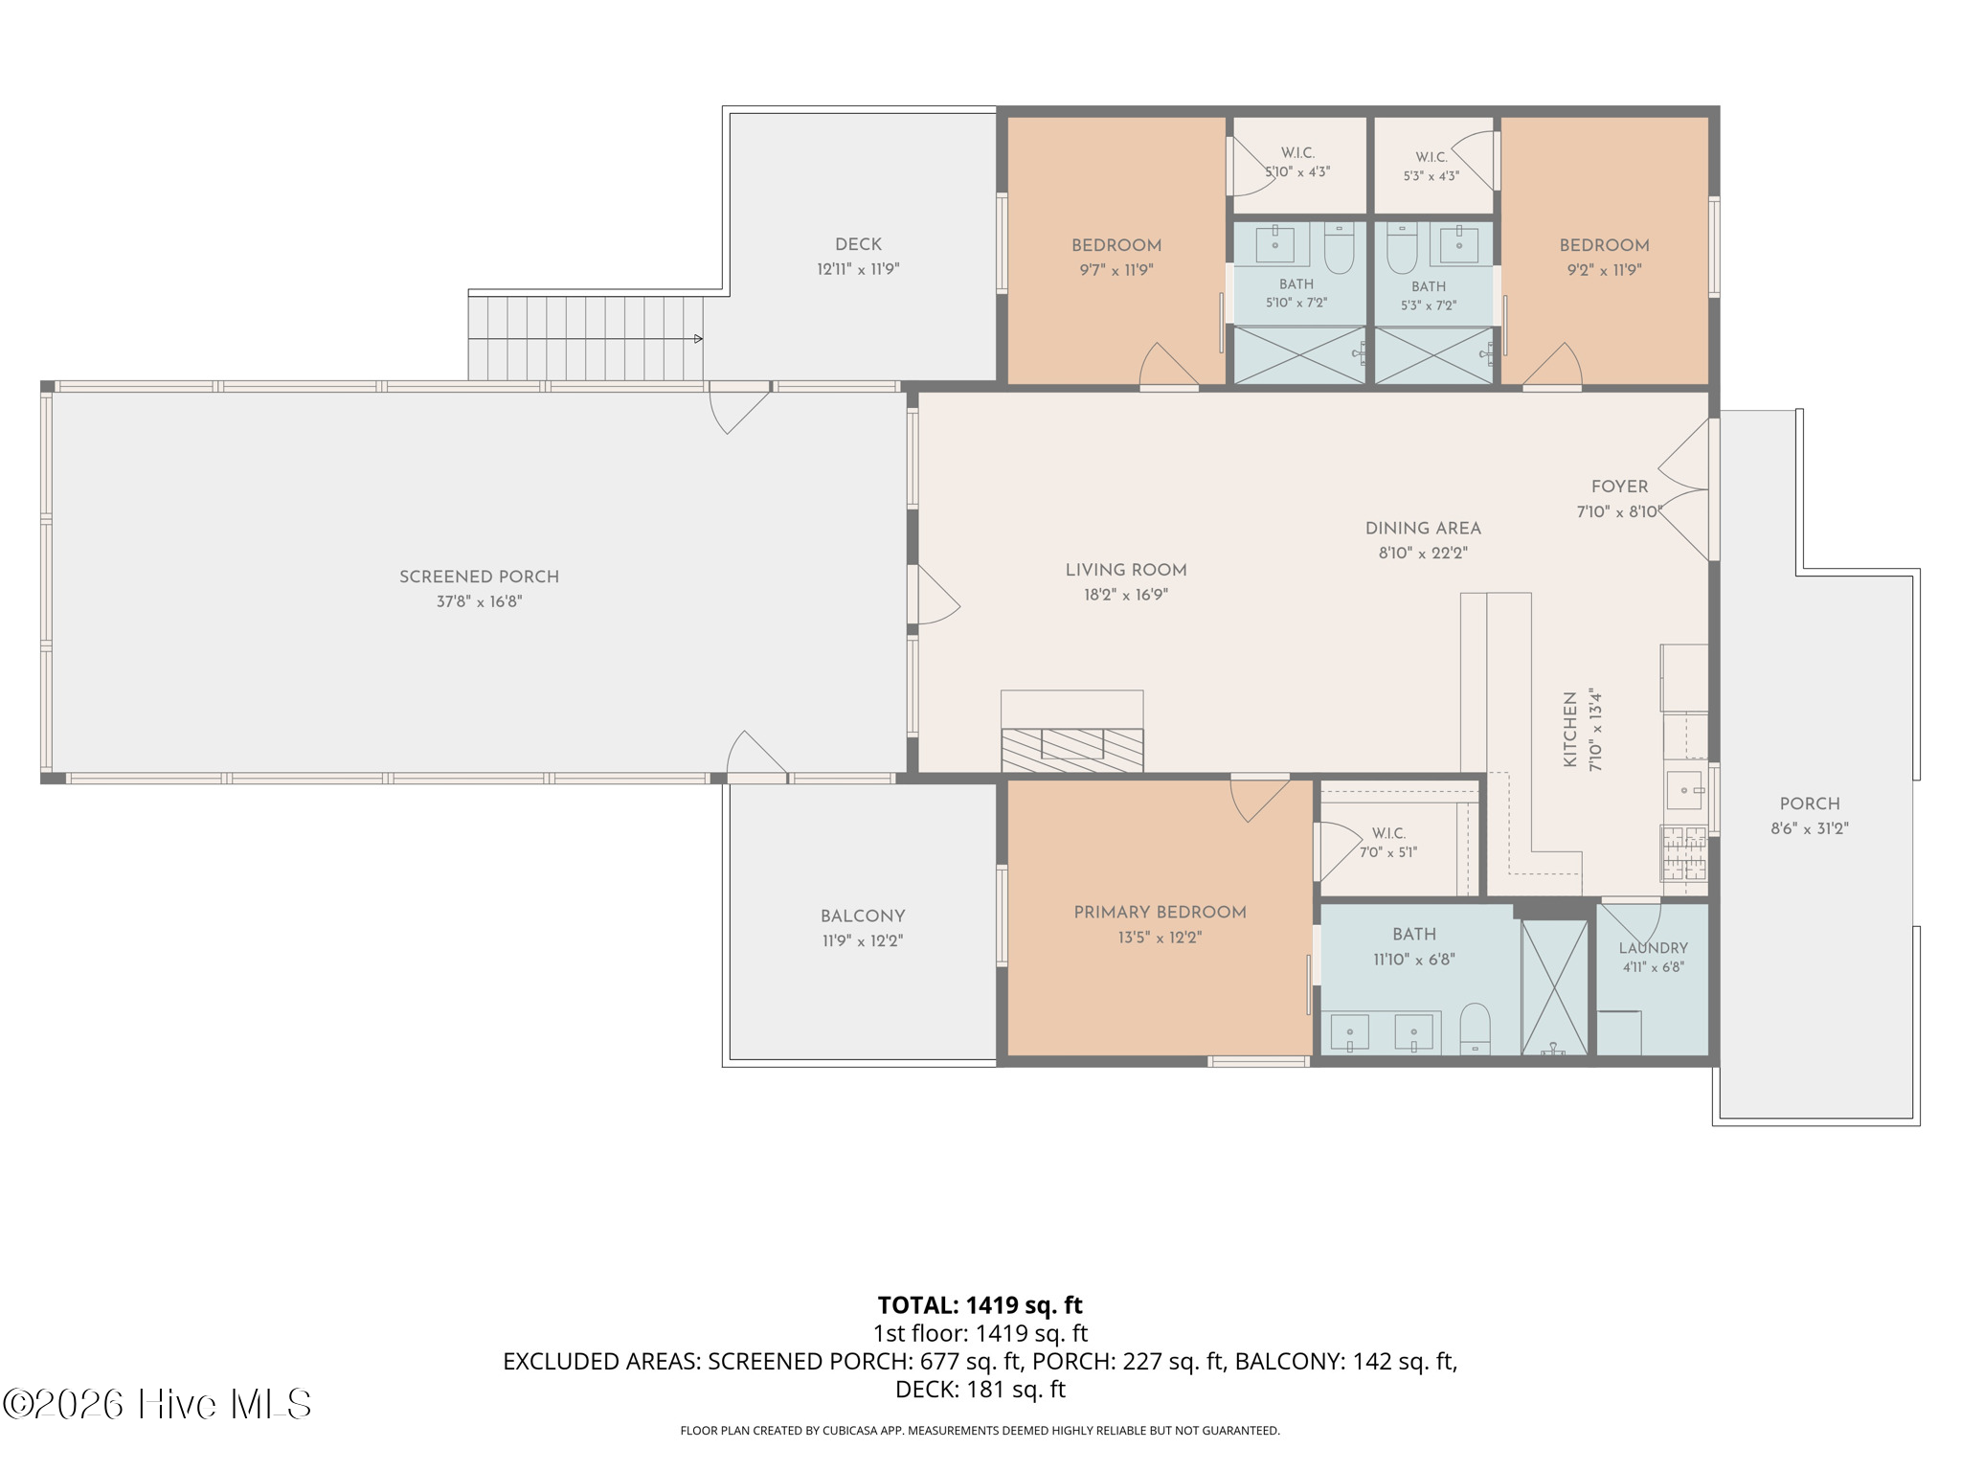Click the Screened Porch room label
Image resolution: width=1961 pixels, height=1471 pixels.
479,577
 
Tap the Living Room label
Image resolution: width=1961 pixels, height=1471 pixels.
1126,570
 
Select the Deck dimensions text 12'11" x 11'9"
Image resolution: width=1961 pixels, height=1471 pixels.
858,269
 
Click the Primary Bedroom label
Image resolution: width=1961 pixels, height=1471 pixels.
1160,913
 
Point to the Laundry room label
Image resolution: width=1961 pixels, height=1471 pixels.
1654,948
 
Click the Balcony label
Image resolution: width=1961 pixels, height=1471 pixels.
863,917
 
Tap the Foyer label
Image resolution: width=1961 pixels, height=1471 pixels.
1620,487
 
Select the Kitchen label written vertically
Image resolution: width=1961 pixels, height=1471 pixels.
1569,730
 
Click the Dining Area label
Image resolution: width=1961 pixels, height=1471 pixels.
1423,529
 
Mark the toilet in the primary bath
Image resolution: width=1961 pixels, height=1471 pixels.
1476,1029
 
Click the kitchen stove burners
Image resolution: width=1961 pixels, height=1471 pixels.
1684,853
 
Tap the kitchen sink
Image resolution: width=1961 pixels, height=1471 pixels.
1685,790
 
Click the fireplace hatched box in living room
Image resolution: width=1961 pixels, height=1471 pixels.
1072,750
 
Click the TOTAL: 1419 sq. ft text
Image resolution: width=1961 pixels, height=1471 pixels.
980,1305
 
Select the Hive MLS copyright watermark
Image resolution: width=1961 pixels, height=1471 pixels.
157,1404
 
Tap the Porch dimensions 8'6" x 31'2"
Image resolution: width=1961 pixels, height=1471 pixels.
1809,829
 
